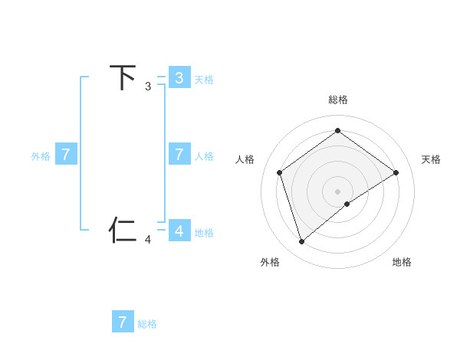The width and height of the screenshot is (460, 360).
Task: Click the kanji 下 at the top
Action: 123,77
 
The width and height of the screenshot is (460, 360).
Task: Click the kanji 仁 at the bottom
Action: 123,231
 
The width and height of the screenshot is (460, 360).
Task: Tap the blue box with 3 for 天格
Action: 179,77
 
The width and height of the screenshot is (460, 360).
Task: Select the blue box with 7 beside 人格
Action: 179,154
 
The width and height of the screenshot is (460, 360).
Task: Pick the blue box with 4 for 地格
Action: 179,231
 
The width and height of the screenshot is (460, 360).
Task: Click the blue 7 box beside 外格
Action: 66,154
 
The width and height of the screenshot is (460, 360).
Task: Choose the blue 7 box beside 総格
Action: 123,322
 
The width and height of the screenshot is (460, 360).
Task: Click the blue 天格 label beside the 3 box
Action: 203,79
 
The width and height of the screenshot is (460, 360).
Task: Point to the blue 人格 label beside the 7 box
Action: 203,156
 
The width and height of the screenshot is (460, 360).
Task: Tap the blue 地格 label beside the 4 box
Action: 203,233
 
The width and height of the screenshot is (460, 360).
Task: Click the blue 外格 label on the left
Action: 41,156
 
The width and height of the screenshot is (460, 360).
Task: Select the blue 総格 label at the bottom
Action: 147,324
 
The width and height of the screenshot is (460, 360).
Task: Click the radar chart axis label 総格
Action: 338,100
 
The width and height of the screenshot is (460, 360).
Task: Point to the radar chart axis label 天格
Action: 431,159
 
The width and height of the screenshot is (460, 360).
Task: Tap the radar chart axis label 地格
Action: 402,262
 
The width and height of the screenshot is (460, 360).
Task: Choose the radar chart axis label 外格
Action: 270,262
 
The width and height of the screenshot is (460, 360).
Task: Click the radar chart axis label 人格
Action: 245,159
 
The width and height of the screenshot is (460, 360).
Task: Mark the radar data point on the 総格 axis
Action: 338,130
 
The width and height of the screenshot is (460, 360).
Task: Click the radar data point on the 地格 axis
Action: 347,204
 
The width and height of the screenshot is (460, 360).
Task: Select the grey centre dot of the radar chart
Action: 338,191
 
